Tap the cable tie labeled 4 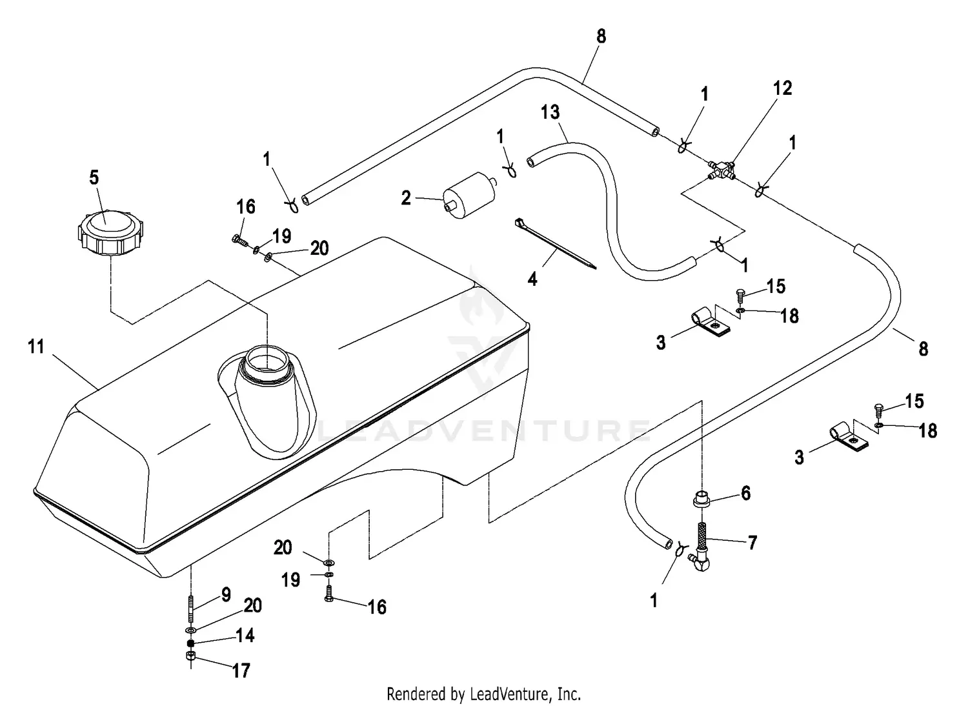click(x=555, y=244)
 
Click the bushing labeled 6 click(x=703, y=499)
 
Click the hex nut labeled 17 click(x=190, y=656)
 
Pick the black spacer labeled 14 click(x=190, y=643)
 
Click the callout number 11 click(x=36, y=346)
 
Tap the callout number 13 click(x=550, y=112)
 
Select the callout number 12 click(x=782, y=88)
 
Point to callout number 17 click(x=241, y=671)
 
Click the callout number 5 click(x=94, y=177)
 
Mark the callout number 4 click(x=532, y=279)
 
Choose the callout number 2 click(x=406, y=198)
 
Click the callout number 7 click(x=752, y=543)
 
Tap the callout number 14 click(x=245, y=636)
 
